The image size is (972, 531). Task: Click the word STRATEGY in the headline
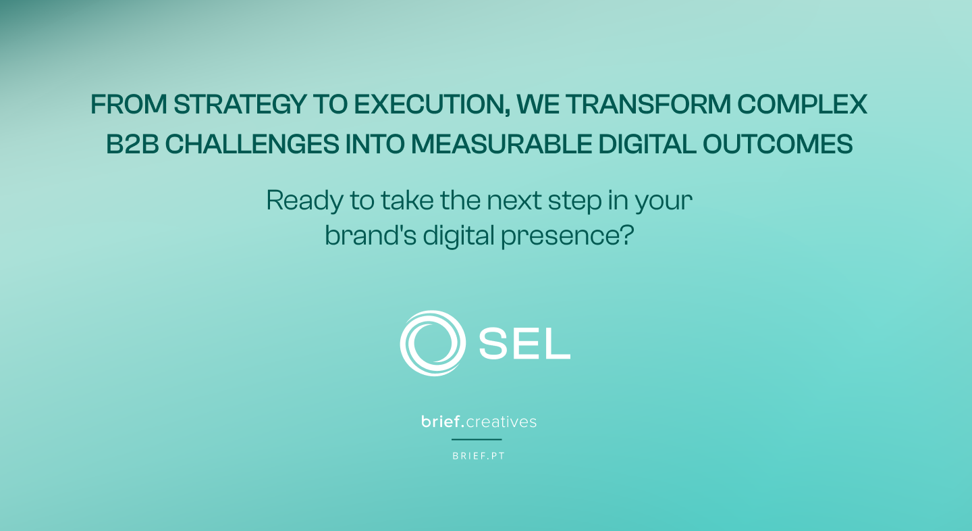pos(240,104)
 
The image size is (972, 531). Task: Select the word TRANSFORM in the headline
pos(648,104)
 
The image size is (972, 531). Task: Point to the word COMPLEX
pos(802,104)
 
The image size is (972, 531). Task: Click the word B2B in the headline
pos(132,144)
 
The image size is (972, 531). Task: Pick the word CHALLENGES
pos(252,144)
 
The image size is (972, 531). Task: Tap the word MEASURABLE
pos(501,144)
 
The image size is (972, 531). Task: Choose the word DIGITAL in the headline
pos(647,144)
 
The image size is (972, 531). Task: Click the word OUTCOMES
pos(778,144)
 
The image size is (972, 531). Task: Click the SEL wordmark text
pos(524,343)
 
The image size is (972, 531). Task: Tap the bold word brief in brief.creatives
pos(440,421)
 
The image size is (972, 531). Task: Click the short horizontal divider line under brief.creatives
pos(477,439)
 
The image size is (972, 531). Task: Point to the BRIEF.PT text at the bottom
pos(479,456)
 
